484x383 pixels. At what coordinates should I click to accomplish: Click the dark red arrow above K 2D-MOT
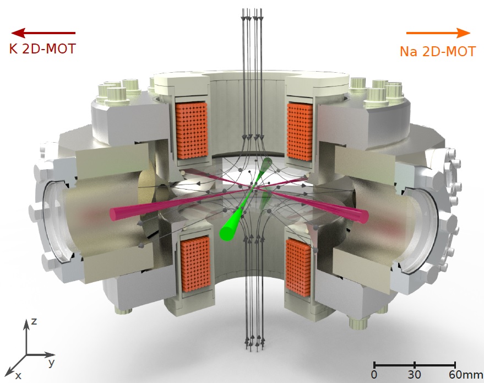coord(43,33)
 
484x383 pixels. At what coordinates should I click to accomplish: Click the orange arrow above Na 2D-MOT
coord(438,33)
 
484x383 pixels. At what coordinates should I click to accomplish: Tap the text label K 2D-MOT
coord(42,49)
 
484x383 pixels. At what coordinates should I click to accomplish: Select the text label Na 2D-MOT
coord(438,51)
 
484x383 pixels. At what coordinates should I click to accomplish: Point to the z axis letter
coord(34,321)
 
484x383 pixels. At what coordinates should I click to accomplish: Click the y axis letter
coord(52,362)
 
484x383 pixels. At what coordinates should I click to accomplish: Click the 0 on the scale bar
coord(374,375)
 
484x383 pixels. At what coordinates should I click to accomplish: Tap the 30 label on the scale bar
coord(414,375)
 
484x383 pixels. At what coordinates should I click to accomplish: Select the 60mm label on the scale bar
coord(465,375)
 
